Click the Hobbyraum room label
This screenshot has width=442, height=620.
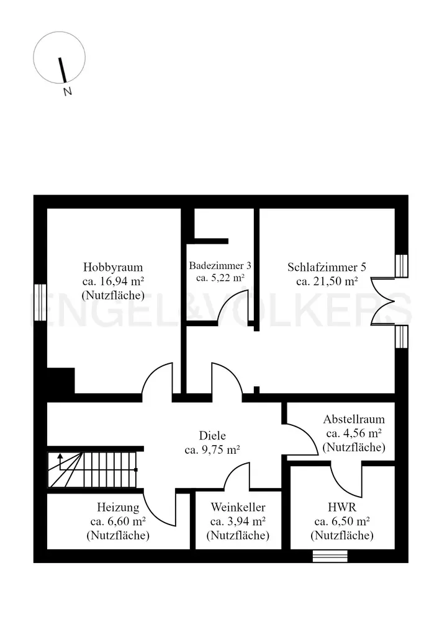point(113,267)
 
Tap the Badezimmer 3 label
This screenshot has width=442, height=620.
point(220,265)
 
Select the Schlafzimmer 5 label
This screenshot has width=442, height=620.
point(327,267)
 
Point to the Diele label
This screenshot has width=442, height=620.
point(212,436)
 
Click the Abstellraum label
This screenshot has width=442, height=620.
point(354,419)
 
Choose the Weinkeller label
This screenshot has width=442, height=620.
point(238,507)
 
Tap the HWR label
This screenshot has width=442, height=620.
point(342,507)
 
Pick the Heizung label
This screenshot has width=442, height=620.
point(118,507)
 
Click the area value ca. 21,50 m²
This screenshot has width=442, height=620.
point(327,281)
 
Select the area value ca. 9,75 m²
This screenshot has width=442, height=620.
point(212,450)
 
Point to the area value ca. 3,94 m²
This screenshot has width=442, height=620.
point(238,521)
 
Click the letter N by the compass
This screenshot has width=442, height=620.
point(68,92)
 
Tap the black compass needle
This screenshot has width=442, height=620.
point(62,70)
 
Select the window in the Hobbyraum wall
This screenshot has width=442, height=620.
point(40,303)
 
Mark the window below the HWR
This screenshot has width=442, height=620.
point(330,556)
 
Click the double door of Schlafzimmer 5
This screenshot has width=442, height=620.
point(382,302)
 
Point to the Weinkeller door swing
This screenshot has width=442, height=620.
point(237,476)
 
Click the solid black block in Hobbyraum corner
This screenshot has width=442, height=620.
point(61,381)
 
